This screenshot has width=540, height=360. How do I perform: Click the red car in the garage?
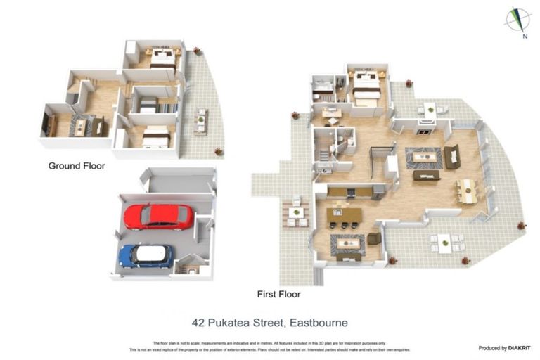point(158,217)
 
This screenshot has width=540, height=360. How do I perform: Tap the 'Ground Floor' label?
point(76,167)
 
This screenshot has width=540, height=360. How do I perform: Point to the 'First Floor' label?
point(280,294)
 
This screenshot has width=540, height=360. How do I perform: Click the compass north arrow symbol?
point(517,19)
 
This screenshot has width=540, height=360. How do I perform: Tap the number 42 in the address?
point(200,323)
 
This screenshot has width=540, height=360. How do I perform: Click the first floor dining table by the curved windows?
point(465,189)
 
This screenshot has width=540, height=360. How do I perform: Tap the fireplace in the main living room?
point(424,131)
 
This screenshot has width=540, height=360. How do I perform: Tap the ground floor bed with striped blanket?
point(149,107)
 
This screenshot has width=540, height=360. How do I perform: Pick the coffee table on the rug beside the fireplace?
point(423,155)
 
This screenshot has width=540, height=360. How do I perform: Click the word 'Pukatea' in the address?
point(241,323)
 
